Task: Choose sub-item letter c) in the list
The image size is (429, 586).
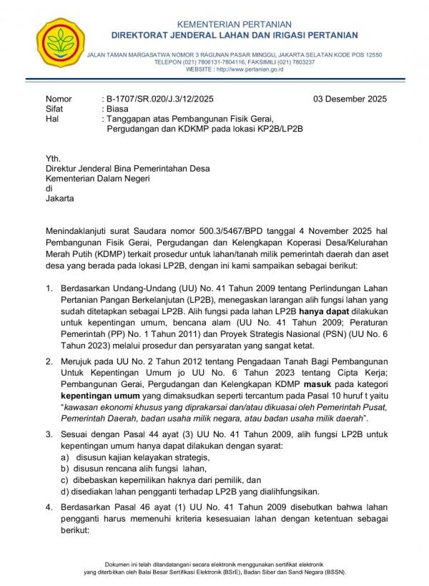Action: pos(64,479)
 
